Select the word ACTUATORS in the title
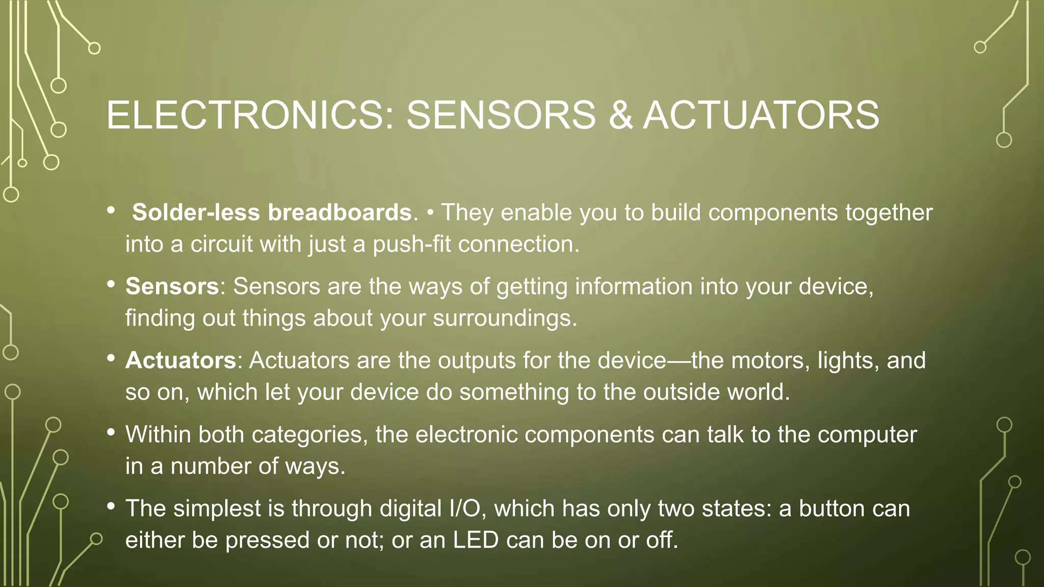761,115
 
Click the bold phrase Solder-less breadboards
272,212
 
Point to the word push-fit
412,244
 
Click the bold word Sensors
172,286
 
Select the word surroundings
505,318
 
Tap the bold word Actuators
180,360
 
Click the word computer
867,435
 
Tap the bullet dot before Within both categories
111,433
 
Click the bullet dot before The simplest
111,506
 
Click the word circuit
221,244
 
